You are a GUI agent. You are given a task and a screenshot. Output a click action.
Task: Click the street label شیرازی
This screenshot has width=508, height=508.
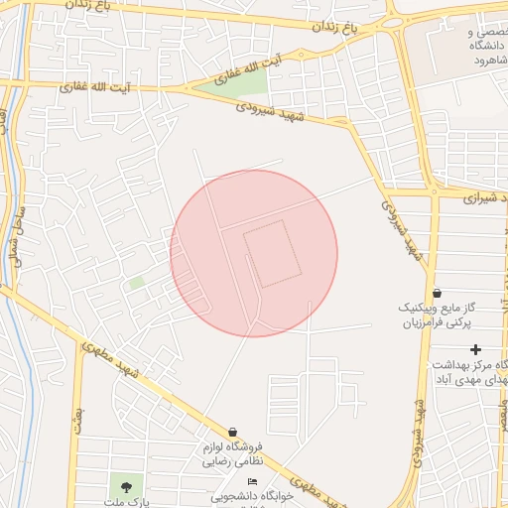(484, 197)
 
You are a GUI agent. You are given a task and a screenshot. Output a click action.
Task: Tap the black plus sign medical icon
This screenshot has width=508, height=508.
(476, 349)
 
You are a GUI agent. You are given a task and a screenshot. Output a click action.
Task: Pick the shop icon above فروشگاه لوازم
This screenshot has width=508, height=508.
(232, 432)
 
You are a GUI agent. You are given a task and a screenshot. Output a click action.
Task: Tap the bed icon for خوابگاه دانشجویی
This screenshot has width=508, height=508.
(251, 481)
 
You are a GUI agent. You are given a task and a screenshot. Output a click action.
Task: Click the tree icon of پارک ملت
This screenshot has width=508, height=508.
(125, 486)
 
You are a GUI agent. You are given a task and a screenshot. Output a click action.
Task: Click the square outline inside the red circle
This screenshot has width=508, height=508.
(271, 254)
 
